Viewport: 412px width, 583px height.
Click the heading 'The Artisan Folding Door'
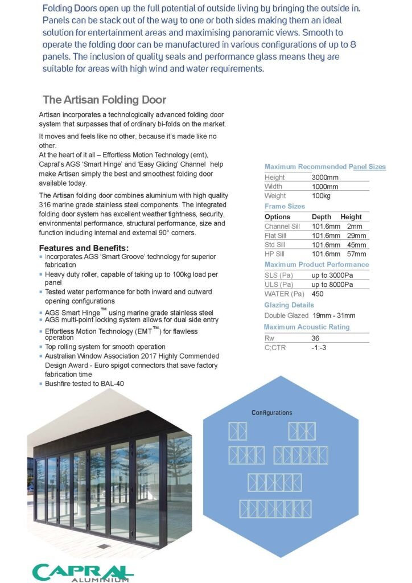(104, 100)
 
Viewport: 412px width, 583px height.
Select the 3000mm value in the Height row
(325, 177)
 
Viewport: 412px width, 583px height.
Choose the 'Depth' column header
(322, 217)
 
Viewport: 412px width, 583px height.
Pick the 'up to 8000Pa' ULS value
(332, 284)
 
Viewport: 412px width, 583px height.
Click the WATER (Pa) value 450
(318, 294)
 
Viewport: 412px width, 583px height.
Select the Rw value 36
(316, 338)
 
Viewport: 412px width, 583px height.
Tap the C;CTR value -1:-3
(319, 347)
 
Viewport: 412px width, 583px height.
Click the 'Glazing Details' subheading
(285, 305)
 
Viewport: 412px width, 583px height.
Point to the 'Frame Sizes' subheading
(285, 206)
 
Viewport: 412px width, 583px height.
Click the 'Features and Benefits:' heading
(84, 248)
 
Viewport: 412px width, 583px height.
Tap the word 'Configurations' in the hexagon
(272, 413)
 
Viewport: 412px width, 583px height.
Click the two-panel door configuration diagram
(238, 431)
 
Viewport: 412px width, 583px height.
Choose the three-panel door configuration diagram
(302, 431)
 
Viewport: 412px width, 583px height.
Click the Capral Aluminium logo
(83, 572)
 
